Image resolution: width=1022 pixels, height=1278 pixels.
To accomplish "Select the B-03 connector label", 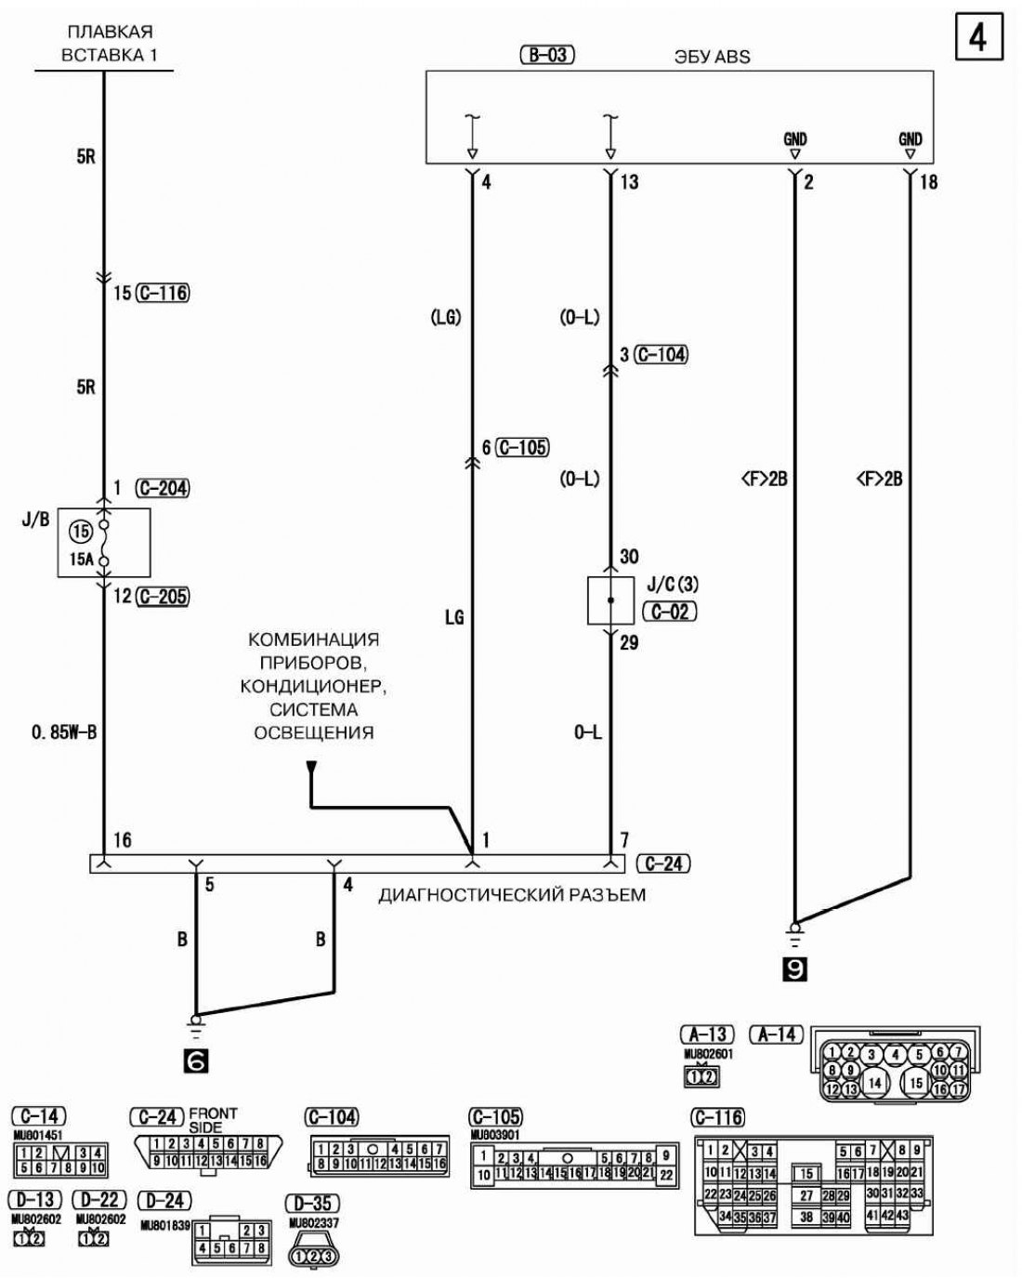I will click(x=547, y=55).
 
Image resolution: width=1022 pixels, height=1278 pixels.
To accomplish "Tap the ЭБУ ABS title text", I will click(x=712, y=57).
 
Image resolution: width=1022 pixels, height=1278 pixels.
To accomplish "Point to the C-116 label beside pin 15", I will click(x=163, y=294).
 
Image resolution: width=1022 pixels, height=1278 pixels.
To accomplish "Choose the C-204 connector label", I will click(x=163, y=488).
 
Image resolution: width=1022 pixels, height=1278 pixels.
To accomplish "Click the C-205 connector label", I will click(x=163, y=597).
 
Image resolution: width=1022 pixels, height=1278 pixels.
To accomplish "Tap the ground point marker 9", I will click(x=795, y=970).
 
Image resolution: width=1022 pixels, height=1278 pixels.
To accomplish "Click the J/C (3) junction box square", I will click(x=610, y=600).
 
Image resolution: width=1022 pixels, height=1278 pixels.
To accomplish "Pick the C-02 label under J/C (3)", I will click(x=670, y=612).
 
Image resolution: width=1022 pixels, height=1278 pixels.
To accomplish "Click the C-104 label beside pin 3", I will click(x=661, y=354).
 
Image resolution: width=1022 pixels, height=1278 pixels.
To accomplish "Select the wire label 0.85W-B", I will click(x=63, y=732).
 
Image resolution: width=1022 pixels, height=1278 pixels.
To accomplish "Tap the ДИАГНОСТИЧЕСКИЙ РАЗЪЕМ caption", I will click(x=512, y=896).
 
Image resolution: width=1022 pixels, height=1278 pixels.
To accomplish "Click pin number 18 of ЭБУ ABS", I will click(x=927, y=182).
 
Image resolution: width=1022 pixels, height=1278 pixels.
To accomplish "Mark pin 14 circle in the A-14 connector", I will click(x=874, y=1083).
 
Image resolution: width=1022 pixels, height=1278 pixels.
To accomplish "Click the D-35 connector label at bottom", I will click(x=312, y=1204).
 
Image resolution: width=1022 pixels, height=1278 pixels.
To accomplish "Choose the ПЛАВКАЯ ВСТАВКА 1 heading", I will click(x=110, y=44).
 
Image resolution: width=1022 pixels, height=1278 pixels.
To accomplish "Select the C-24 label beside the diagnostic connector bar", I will click(x=664, y=863).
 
